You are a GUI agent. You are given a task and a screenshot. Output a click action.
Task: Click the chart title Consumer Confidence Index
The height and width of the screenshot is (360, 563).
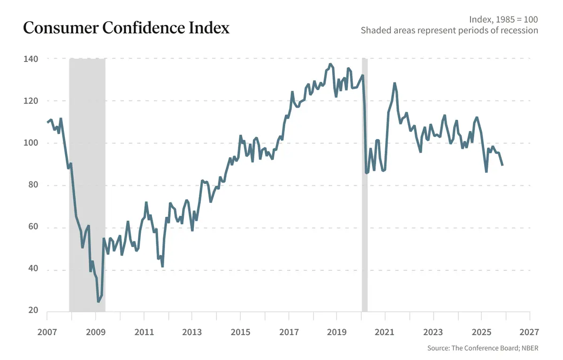[126, 28]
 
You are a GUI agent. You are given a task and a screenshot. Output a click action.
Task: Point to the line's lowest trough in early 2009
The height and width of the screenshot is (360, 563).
[99, 301]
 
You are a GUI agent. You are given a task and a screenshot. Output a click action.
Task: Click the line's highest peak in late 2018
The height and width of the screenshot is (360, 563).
[330, 64]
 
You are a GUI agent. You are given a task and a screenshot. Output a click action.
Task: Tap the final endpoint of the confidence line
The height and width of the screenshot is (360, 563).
[502, 165]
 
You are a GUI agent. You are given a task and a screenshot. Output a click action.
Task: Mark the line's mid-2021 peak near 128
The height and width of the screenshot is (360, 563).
[395, 84]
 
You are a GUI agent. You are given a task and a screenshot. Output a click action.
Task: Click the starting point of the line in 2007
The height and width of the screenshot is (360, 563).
[48, 123]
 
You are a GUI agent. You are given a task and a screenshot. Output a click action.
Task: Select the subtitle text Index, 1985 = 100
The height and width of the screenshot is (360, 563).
[503, 20]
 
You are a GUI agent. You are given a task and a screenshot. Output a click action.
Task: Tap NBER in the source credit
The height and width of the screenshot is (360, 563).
[529, 348]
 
